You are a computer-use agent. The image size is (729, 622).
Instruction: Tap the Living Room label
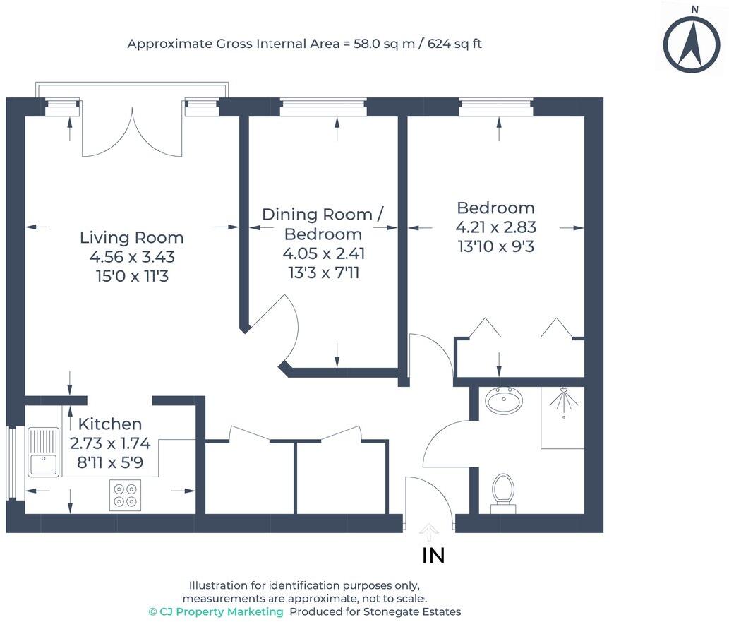point(132,238)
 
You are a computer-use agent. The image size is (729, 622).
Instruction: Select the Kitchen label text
point(109,424)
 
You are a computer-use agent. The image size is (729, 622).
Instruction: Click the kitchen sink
point(44,452)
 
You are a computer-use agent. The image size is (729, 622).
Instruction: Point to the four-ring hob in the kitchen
point(126,494)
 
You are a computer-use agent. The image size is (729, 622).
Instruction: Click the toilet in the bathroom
point(502,490)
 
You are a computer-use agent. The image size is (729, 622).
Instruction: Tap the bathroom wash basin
point(504,401)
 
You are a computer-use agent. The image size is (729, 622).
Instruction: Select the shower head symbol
point(563,401)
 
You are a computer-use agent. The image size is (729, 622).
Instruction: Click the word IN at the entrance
point(433,556)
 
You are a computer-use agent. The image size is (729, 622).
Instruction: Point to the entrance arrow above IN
point(428,532)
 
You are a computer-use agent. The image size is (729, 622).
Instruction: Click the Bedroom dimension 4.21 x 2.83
point(496,227)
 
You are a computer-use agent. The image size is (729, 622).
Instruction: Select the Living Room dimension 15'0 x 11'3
point(132,275)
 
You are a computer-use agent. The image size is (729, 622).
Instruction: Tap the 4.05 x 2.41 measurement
point(324,253)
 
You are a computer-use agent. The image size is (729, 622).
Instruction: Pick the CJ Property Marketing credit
point(216,611)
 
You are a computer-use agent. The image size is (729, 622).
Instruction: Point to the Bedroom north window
point(496,107)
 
